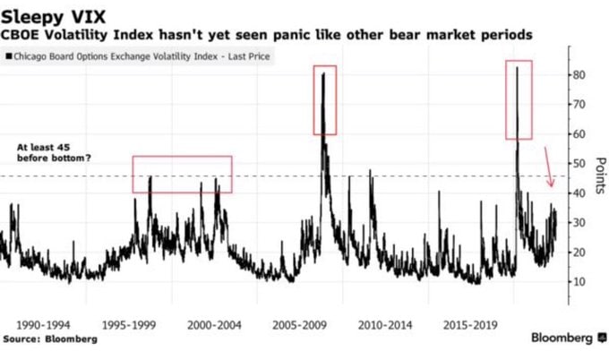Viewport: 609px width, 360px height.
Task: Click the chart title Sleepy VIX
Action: tap(54, 18)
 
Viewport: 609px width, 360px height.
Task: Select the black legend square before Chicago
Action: tap(9, 56)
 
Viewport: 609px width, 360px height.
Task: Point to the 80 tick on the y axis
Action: tap(579, 75)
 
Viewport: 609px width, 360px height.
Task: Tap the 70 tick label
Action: tap(579, 105)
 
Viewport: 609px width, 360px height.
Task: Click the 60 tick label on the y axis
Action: tap(579, 134)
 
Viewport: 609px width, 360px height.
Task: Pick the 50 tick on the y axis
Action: tap(579, 164)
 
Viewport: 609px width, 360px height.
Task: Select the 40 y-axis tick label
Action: tap(579, 193)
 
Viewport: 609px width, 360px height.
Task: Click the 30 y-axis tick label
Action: tap(579, 222)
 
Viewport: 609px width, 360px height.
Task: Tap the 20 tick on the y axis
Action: tap(579, 252)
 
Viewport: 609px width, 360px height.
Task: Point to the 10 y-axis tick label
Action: tap(579, 281)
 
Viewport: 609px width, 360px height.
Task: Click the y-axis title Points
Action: tap(600, 176)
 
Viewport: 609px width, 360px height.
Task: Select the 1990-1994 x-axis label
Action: tap(43, 325)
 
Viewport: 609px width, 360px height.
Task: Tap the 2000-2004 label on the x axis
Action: tap(214, 325)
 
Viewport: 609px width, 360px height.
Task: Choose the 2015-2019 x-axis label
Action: tap(470, 325)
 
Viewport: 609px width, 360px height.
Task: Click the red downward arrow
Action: tap(548, 167)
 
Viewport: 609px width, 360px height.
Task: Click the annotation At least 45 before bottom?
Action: tap(54, 152)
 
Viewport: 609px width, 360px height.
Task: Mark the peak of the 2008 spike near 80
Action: tap(323, 73)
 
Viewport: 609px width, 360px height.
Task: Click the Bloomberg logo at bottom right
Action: tap(568, 338)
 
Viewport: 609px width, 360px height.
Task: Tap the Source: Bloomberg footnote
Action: tap(50, 339)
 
